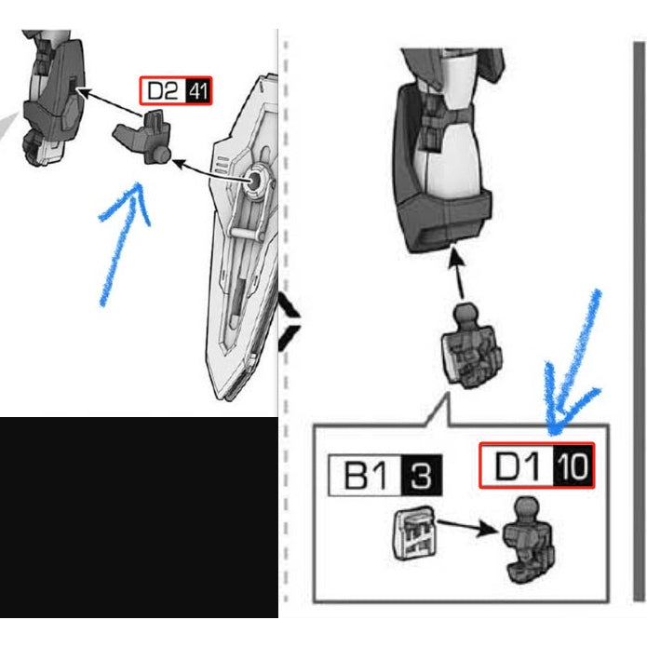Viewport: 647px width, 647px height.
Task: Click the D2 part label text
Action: [163, 91]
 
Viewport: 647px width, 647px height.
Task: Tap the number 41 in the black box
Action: [198, 91]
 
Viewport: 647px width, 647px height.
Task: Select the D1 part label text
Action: [518, 465]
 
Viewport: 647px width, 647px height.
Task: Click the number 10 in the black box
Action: [572, 466]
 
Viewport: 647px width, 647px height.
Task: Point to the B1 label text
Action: [366, 476]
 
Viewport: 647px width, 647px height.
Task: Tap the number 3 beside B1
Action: [421, 476]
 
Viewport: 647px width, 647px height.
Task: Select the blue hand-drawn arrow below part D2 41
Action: [123, 244]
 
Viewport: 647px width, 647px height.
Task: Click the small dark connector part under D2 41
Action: [142, 137]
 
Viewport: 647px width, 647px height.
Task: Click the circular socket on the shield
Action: [254, 181]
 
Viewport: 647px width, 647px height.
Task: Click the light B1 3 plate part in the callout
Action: [413, 532]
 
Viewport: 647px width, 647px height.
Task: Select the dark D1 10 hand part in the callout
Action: [528, 540]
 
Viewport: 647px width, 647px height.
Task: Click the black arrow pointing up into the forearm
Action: [457, 272]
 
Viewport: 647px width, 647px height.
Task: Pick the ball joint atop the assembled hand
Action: [467, 315]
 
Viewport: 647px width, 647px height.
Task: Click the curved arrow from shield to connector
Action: [211, 172]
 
